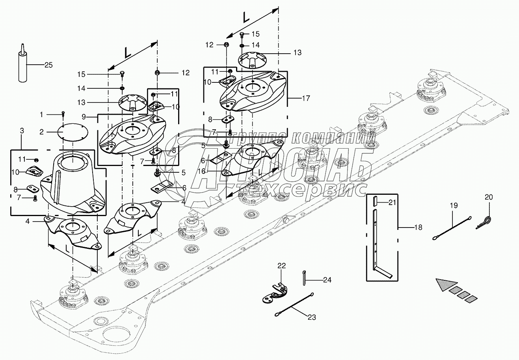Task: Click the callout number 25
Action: pyautogui.click(x=48, y=65)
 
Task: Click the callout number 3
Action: pyautogui.click(x=22, y=131)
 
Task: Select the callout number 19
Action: pyautogui.click(x=454, y=205)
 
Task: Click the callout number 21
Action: pyautogui.click(x=391, y=203)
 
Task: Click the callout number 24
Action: pyautogui.click(x=327, y=280)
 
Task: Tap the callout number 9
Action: pyautogui.click(x=84, y=117)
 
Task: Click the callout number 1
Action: pyautogui.click(x=41, y=114)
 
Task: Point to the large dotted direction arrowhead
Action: pyautogui.click(x=446, y=285)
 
